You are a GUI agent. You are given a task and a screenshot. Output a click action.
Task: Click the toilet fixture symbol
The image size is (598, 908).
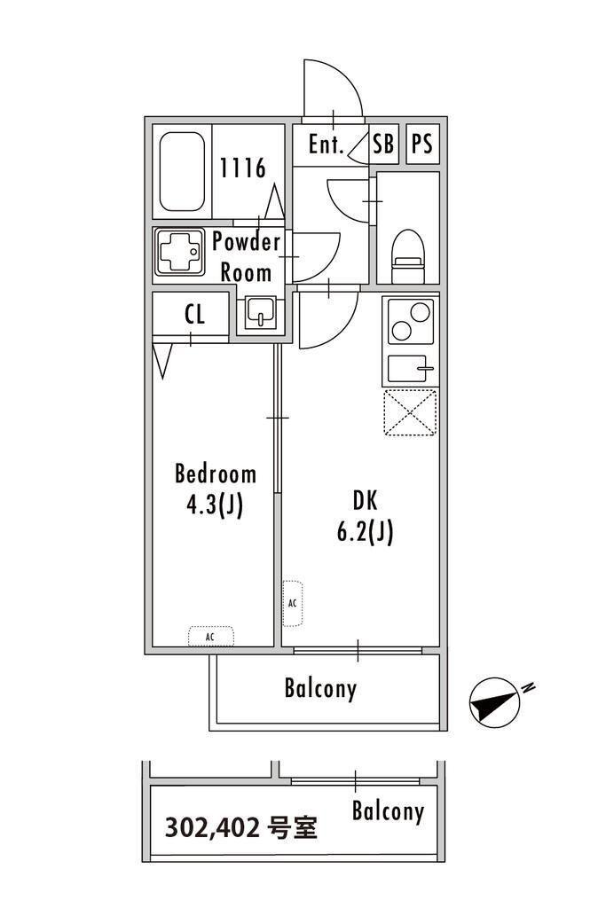click(x=408, y=256)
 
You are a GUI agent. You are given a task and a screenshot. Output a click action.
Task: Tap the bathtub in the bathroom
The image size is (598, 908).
click(x=182, y=171)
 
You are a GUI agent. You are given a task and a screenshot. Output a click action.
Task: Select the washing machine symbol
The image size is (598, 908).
click(x=179, y=252)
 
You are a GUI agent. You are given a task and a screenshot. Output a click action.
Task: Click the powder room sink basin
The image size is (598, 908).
click(x=260, y=312)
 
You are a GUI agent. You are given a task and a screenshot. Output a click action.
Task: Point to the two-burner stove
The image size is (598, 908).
click(x=411, y=322)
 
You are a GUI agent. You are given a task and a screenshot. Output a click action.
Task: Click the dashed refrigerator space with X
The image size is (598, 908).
click(x=410, y=412)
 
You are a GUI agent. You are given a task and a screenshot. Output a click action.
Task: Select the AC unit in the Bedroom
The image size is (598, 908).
click(x=211, y=637)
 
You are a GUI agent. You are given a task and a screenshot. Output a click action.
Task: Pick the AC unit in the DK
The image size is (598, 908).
click(x=292, y=603)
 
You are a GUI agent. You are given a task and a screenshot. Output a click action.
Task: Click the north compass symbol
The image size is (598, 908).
click(x=493, y=701)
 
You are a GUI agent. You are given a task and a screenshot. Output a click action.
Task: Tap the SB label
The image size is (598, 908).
click(x=383, y=144)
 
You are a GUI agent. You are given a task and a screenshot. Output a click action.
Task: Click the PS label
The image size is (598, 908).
click(x=421, y=144)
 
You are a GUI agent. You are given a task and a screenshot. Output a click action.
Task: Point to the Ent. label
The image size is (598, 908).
click(x=327, y=145)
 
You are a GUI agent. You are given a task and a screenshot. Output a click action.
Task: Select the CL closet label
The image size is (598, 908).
click(x=194, y=315)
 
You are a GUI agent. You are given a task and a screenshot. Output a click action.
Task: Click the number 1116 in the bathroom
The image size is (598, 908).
click(x=243, y=168)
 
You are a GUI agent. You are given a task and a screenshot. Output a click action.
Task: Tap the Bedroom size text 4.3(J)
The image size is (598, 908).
click(x=215, y=505)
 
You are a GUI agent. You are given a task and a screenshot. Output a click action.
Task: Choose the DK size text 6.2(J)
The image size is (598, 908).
click(x=365, y=532)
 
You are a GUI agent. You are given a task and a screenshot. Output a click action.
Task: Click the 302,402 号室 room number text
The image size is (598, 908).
click(x=241, y=827)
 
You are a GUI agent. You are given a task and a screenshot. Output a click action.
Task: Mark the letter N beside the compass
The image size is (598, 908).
click(x=527, y=688)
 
